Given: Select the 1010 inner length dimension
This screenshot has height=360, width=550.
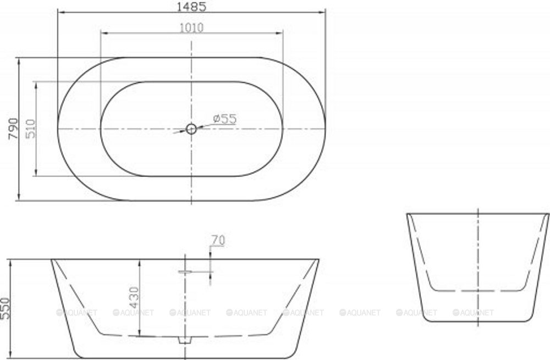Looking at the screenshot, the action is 191,27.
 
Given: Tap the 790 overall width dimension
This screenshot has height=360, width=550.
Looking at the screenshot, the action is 13,129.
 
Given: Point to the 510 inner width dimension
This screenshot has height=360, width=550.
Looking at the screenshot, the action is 30,129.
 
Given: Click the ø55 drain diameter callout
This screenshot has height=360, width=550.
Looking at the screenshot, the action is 225,119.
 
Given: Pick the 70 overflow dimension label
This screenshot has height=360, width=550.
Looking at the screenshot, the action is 218,240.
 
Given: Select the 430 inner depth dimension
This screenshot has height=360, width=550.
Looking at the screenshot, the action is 134,297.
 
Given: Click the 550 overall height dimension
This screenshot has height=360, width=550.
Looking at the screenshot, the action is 5,308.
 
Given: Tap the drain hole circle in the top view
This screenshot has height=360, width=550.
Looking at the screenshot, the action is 191,129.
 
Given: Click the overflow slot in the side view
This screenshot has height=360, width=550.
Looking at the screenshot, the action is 186,272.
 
